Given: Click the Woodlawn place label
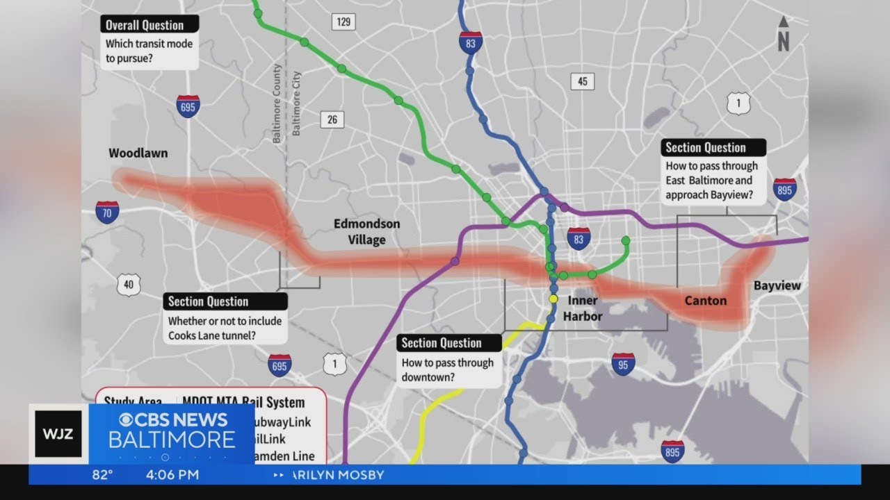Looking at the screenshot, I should click(138, 153).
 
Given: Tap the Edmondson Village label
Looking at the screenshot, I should click(366, 232).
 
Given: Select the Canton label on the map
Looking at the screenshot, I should click(705, 301).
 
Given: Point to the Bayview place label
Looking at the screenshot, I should click(777, 285).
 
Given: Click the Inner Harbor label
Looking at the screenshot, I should click(583, 308).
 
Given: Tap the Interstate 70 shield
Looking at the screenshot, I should click(107, 212).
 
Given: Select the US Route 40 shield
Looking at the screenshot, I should click(129, 284).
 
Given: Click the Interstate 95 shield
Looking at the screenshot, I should click(622, 364).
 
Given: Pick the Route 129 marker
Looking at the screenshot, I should click(343, 22).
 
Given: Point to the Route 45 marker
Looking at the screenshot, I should click(583, 81).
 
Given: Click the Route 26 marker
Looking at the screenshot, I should click(332, 119).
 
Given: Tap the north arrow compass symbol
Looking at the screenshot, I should click(784, 34).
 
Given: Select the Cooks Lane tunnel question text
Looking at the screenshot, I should click(225, 328).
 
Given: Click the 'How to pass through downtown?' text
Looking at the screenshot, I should click(447, 370).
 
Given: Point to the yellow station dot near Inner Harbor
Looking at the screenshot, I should click(553, 299).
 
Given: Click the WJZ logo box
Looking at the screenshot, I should click(58, 434).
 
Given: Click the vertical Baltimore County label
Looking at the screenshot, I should click(277, 104).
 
